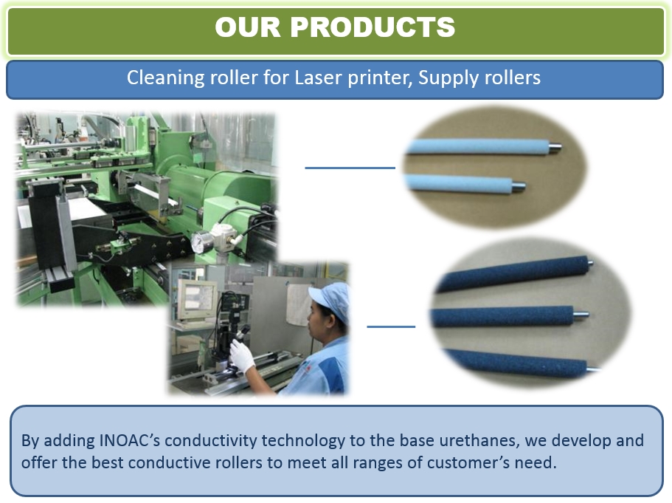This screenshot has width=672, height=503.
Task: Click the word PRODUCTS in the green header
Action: (x=373, y=27)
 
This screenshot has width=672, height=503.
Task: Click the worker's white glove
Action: (x=243, y=356)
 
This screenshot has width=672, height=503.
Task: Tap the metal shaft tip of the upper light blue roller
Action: (x=556, y=147)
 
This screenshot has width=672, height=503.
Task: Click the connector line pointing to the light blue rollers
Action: (x=350, y=168)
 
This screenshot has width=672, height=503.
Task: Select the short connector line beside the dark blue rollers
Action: (x=391, y=326)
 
